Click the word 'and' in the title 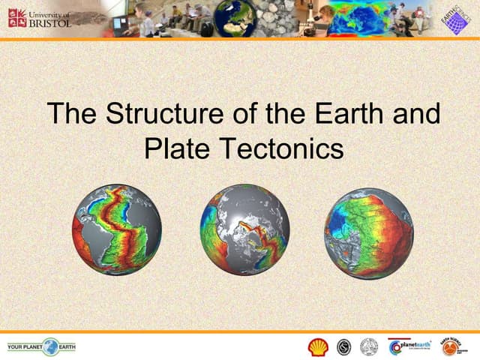coord(415,114)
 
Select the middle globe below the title coord(244,229)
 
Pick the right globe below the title coord(368,233)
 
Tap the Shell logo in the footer coord(318,346)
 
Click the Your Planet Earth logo coord(41,346)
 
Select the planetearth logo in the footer coord(410,346)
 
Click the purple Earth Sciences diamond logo coord(452,19)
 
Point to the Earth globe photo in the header coord(233,19)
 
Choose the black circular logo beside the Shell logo coord(343,346)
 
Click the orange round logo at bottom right coord(450,346)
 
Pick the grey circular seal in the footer coord(368,346)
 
